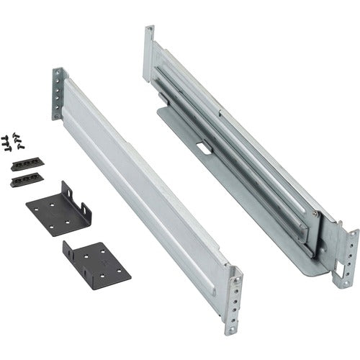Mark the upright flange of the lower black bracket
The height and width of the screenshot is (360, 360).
pyautogui.click(x=70, y=253)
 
